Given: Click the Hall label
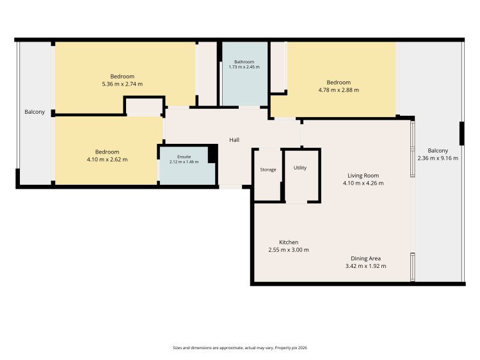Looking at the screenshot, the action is point(234,140).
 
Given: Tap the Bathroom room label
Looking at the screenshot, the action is point(244,62).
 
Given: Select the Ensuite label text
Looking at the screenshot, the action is point(184,157).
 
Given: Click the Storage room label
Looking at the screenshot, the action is point(268,169).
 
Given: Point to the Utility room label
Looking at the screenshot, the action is point(300,168).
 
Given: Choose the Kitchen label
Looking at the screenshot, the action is point(289,242).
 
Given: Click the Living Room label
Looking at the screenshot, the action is point(363,176).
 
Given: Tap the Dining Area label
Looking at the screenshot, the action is point(366,258).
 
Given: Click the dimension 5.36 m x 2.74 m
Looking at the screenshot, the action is point(122,84).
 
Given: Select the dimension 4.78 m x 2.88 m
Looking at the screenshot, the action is point(339,90).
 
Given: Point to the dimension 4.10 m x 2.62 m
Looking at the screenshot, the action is point(107,160).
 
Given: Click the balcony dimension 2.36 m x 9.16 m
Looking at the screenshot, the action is point(438,159).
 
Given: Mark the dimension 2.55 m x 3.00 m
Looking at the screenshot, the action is point(289,250).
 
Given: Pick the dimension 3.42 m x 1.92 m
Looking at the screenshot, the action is point(366,266).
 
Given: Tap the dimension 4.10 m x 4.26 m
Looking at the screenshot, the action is point(363,184).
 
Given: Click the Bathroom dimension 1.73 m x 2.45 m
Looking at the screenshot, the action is point(244,67).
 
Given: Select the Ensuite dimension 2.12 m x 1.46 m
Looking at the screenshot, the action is point(184,162).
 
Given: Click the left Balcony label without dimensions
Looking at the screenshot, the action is point(35,112).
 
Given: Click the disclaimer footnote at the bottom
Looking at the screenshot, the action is point(240,348).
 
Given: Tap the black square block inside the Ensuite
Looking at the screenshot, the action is point(212,154).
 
